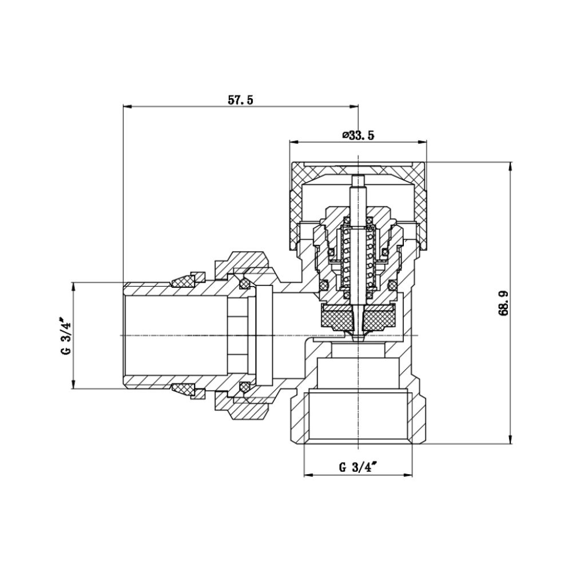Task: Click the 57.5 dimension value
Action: tap(240, 100)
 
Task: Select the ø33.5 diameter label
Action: tap(358, 136)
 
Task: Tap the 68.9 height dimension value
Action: tap(504, 303)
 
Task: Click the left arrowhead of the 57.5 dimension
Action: tap(127, 106)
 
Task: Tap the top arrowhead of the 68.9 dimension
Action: tap(510, 166)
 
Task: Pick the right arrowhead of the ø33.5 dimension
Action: tap(424, 142)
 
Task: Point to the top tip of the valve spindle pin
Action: tap(358, 177)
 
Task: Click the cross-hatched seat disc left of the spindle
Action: tap(337, 315)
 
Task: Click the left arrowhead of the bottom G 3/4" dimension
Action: tap(307, 475)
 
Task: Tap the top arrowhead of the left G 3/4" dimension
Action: tap(73, 285)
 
